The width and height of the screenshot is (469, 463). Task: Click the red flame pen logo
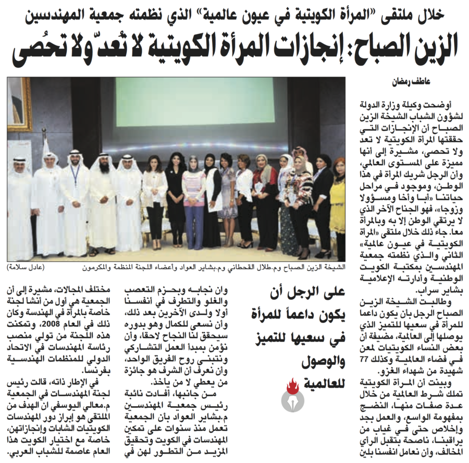click(292, 393)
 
